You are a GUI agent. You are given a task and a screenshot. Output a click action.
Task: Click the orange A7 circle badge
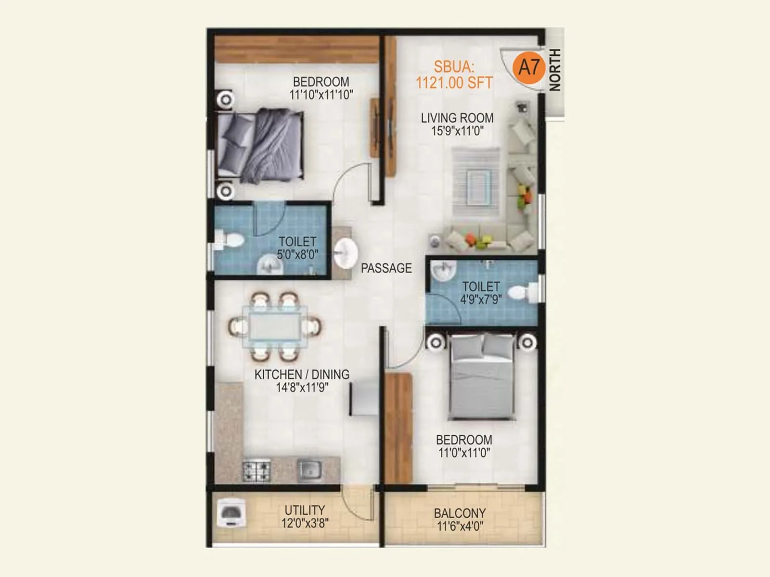coord(529,67)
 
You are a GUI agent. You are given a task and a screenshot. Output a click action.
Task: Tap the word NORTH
coord(555,70)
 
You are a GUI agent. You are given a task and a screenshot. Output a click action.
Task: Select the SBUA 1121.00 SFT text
coord(454,75)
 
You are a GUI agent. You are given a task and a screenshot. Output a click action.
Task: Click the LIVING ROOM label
coord(457,118)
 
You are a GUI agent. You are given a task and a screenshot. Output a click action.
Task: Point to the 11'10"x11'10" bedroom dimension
coord(321,95)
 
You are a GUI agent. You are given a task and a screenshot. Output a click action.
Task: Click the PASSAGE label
coord(386,268)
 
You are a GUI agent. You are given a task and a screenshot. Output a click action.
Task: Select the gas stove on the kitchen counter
coord(256,470)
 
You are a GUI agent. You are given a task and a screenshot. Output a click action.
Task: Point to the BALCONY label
coord(460,513)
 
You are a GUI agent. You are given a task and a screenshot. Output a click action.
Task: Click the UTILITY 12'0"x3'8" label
coord(305,516)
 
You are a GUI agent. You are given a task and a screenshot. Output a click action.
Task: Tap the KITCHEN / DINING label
coord(302,375)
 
